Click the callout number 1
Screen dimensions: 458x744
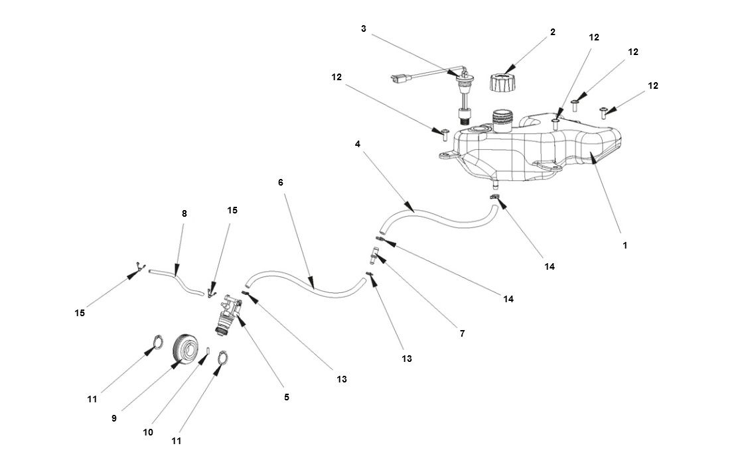[625, 245]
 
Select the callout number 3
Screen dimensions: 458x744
[364, 29]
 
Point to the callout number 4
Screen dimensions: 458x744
[358, 144]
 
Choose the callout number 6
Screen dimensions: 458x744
[281, 182]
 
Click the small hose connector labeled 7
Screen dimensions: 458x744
[375, 252]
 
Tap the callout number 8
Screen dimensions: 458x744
[184, 213]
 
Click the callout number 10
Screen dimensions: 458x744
[148, 432]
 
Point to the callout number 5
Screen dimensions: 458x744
[287, 398]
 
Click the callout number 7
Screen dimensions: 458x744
[463, 334]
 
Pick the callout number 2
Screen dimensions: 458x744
[553, 32]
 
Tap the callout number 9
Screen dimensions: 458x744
[114, 418]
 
